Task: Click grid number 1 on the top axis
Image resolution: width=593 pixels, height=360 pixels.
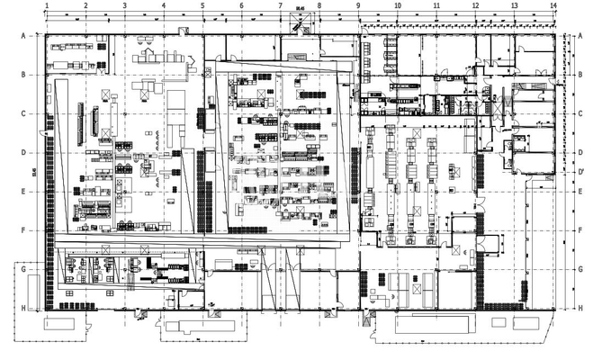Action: [x=46, y=5]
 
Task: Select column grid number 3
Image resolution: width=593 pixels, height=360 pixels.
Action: [x=124, y=5]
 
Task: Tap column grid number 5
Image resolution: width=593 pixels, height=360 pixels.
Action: [x=202, y=5]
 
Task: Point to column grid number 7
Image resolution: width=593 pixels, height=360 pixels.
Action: [x=281, y=5]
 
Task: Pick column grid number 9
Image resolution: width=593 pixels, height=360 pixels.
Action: [x=358, y=5]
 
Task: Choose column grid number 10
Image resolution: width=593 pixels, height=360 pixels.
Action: [x=397, y=5]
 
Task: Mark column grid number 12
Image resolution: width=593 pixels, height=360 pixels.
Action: [x=474, y=5]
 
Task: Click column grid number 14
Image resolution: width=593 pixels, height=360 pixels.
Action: [x=553, y=5]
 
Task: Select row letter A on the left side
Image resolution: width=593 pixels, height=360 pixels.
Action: [x=22, y=35]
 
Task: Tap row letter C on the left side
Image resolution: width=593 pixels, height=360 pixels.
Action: [x=22, y=113]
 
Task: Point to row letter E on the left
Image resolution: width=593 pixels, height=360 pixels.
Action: [x=22, y=192]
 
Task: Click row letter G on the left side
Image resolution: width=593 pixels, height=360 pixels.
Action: [x=22, y=269]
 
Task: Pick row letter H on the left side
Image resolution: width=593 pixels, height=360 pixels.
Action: [x=22, y=308]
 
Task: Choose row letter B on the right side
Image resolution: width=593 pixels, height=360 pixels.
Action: [x=580, y=75]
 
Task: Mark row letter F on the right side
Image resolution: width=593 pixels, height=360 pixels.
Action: [x=580, y=230]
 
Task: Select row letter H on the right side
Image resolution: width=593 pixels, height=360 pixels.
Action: [x=580, y=308]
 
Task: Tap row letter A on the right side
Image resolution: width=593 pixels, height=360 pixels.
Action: [x=580, y=35]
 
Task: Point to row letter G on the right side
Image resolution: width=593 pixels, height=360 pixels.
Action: [x=580, y=269]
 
